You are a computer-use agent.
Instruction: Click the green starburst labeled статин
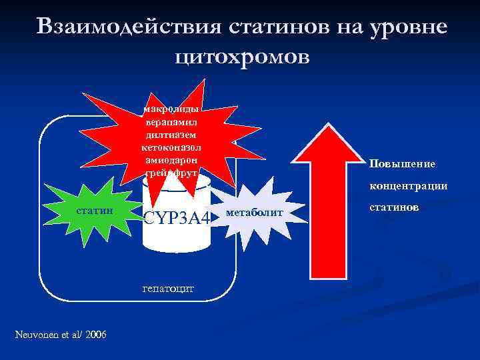[x=94, y=211]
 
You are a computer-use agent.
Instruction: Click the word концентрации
[x=409, y=186]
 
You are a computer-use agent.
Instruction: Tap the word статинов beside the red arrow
[x=394, y=207]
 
